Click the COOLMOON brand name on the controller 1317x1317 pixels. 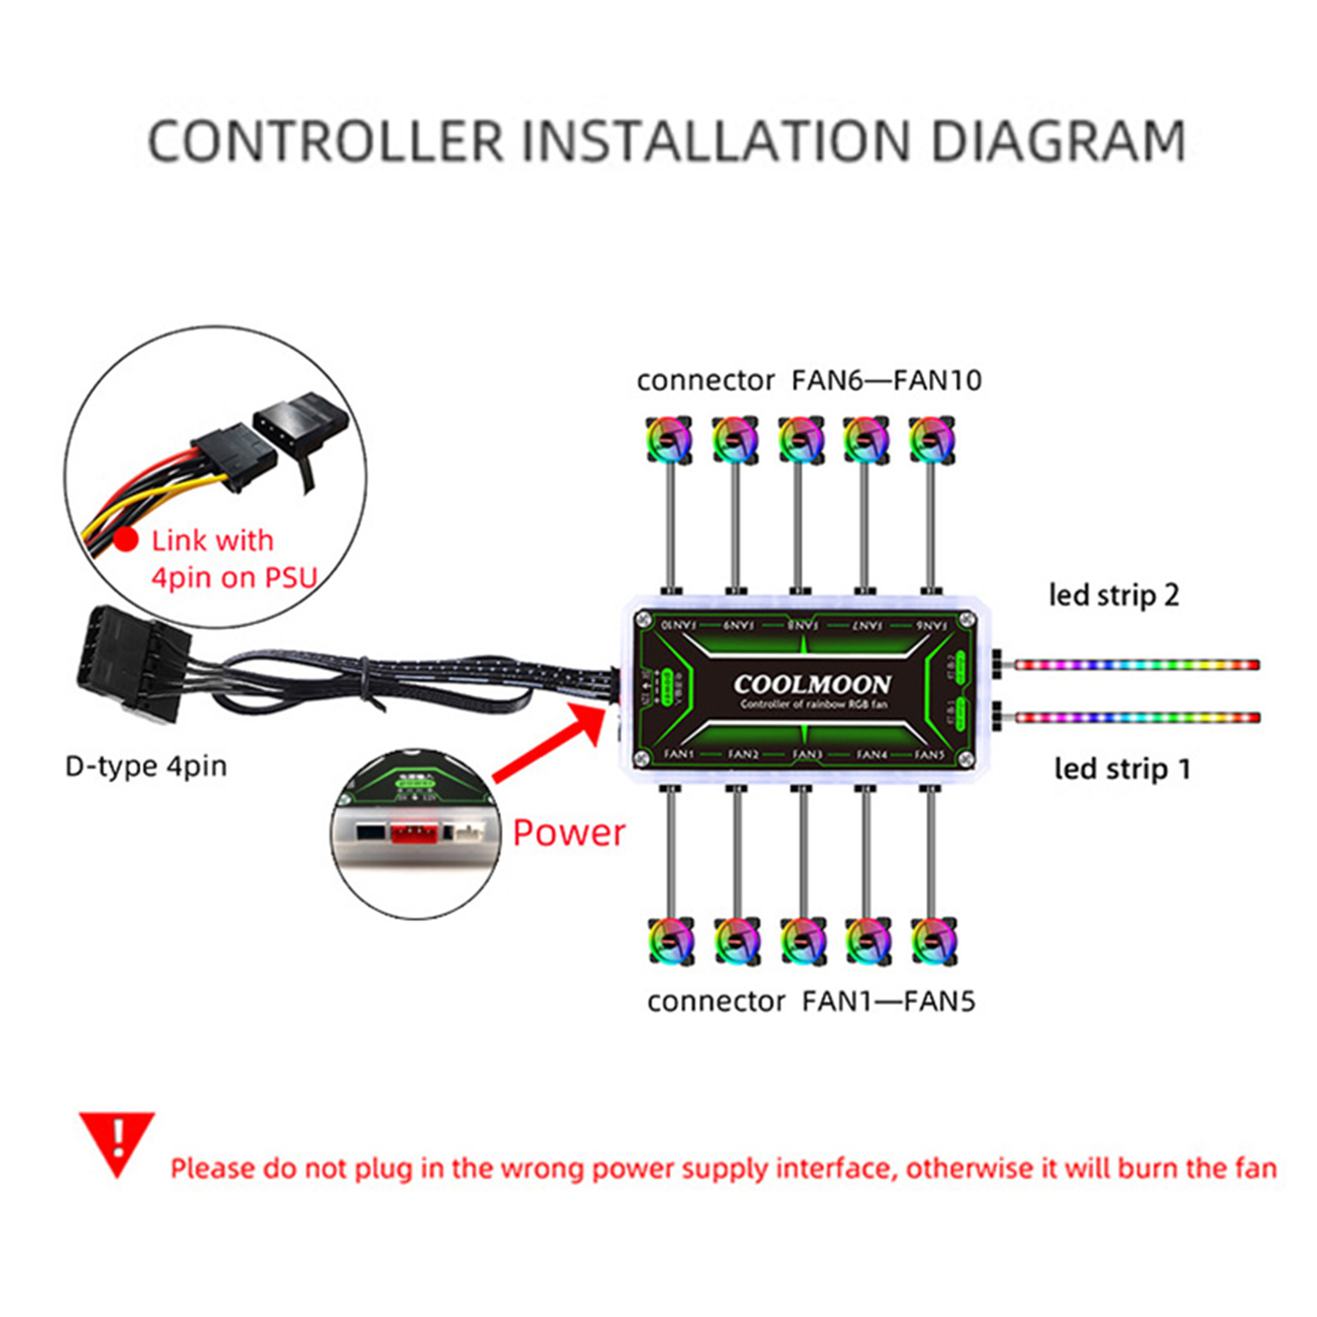click(812, 684)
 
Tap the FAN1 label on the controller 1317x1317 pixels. click(679, 753)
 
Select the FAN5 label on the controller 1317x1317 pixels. click(929, 754)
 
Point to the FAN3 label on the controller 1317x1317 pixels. click(807, 753)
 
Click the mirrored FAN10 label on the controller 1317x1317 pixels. click(678, 625)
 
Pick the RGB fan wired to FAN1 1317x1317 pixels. click(671, 940)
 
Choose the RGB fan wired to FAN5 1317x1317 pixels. click(933, 940)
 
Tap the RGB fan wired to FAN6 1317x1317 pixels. click(932, 439)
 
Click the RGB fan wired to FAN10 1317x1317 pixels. click(668, 439)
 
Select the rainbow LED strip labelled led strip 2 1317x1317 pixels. click(1136, 664)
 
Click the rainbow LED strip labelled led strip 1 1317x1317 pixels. click(1136, 718)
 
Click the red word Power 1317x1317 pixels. click(569, 832)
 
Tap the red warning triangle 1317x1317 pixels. click(117, 1141)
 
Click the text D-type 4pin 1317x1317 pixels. click(146, 766)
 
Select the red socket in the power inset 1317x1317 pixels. click(412, 833)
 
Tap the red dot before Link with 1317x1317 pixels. click(126, 540)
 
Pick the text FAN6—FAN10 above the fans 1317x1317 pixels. click(887, 380)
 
